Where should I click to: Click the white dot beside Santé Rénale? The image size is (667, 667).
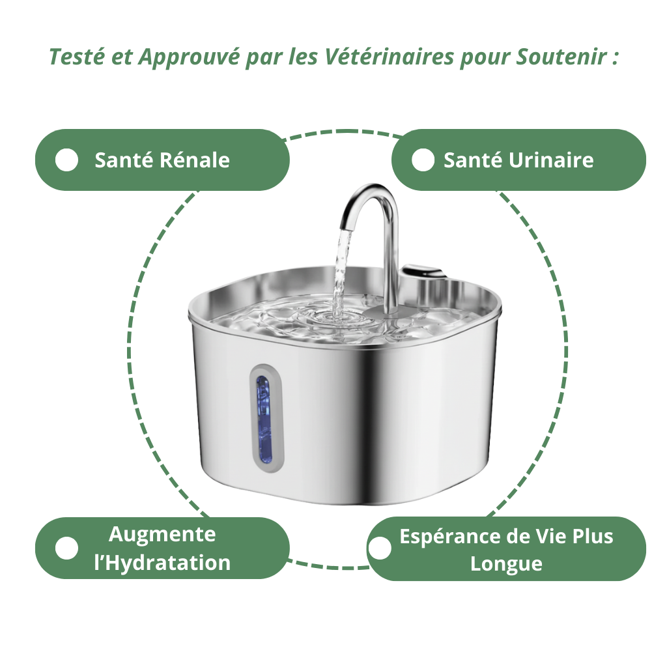(x=66, y=160)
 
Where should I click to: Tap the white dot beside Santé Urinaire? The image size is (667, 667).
(x=423, y=160)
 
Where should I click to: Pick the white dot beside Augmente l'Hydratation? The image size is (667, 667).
(x=66, y=548)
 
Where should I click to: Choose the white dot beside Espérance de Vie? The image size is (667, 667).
(x=380, y=548)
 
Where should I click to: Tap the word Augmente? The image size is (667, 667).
(x=162, y=535)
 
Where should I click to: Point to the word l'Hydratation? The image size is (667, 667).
(x=162, y=563)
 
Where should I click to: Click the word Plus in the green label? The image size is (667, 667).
(x=592, y=537)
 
